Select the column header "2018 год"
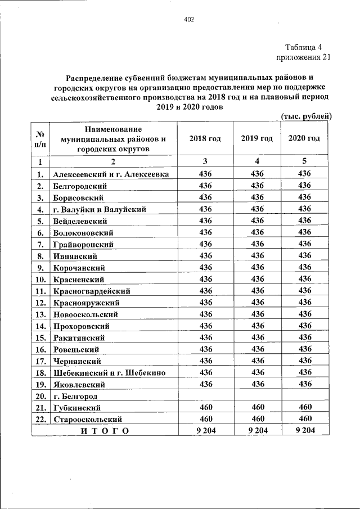205,138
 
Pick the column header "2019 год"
257,138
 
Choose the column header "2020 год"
304,138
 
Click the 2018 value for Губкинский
205,407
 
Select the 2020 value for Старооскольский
304,419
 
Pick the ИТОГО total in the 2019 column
257,431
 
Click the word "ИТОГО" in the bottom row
105,431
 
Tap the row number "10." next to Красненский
40,279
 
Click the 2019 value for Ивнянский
257,255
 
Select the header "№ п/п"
40,139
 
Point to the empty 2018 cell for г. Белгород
205,395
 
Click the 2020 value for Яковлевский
304,384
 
